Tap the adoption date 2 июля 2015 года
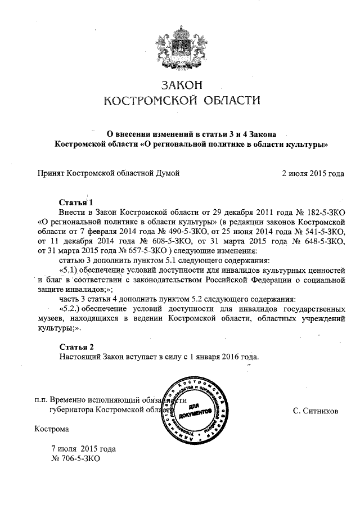point(313,173)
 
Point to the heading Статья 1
point(75,201)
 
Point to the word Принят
point(51,173)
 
